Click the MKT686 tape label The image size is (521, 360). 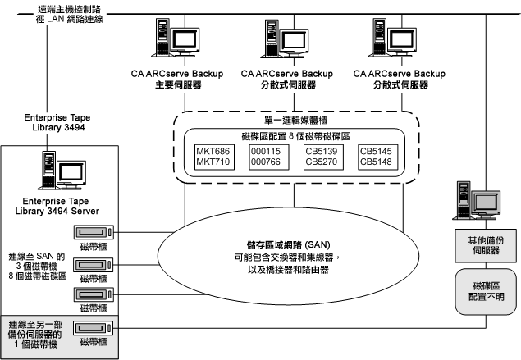pos(213,151)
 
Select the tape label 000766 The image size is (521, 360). pos(266,162)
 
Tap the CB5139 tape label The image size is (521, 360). pos(322,151)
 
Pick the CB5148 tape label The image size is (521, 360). pos(378,162)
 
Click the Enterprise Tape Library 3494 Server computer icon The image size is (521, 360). pos(64,170)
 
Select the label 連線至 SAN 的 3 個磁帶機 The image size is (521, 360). pos(35,261)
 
